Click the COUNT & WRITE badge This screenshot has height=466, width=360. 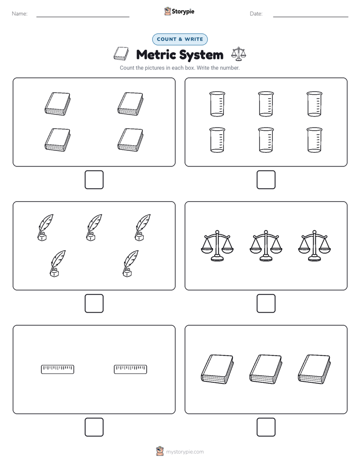(x=179, y=39)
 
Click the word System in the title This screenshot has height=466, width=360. (x=201, y=55)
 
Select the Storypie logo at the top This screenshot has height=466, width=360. (x=179, y=12)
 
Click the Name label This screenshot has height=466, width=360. (x=20, y=14)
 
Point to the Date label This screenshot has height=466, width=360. (x=256, y=14)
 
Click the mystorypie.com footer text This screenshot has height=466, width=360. (x=185, y=452)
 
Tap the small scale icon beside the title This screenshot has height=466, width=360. (x=238, y=54)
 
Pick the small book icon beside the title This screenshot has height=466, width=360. (x=121, y=53)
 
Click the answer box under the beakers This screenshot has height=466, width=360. (x=266, y=180)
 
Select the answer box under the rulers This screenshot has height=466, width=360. (x=94, y=427)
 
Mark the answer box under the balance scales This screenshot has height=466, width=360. (x=266, y=304)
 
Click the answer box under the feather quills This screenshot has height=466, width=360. (x=94, y=304)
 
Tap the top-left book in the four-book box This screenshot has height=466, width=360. (x=57, y=104)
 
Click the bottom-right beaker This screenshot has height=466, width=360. (x=314, y=140)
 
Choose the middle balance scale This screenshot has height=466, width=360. (x=266, y=246)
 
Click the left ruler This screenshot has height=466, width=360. (x=57, y=369)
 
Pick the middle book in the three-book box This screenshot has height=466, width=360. (x=266, y=369)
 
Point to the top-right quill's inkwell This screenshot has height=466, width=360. (x=139, y=237)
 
